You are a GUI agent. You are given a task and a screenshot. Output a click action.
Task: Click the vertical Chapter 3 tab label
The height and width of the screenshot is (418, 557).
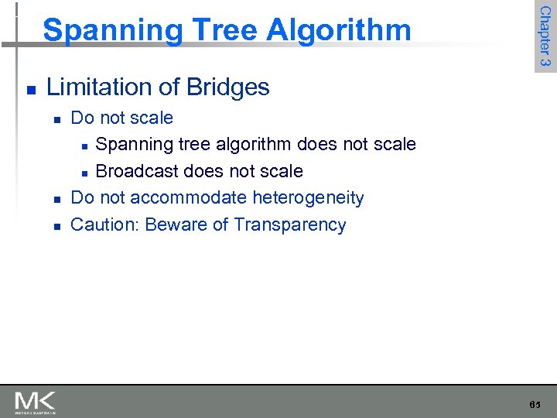point(545,36)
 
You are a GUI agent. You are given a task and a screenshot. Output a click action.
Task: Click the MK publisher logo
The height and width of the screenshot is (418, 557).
point(35,402)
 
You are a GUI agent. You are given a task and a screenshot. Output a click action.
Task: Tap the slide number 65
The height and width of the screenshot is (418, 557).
point(535,405)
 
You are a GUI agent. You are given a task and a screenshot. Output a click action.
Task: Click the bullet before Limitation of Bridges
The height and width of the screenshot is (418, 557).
point(29,89)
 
